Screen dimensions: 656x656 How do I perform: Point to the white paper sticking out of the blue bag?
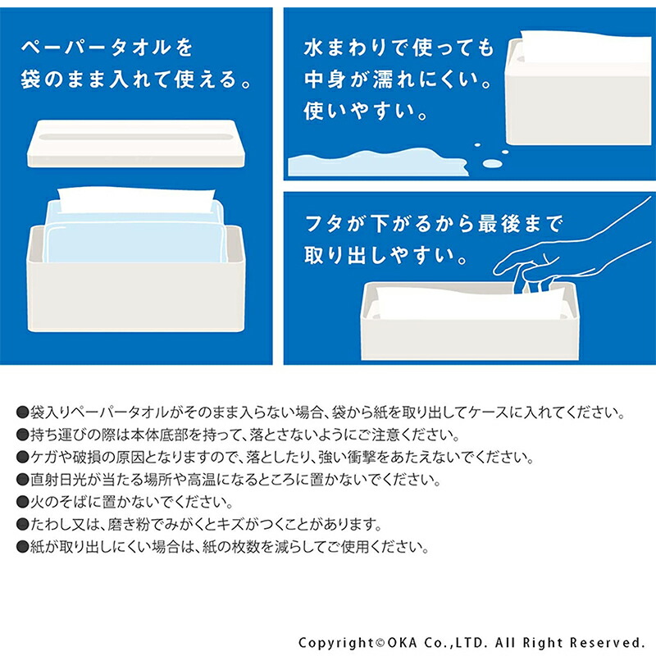point(135,199)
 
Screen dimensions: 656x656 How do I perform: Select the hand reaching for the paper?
point(574,254)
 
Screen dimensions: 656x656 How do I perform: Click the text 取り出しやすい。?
point(389,256)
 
